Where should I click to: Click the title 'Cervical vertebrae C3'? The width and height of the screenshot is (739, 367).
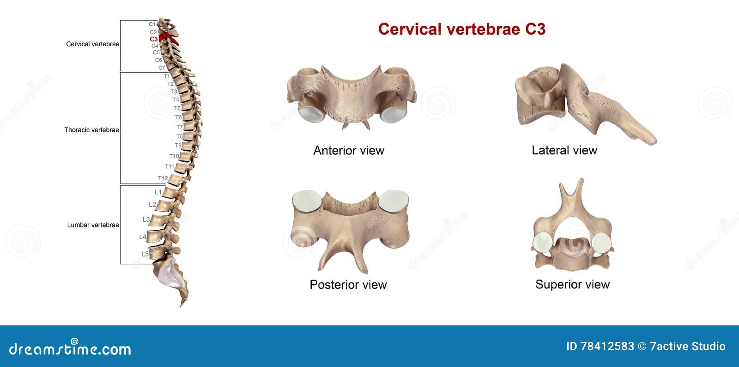point(461,29)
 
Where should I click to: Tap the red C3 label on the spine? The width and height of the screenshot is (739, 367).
point(153,39)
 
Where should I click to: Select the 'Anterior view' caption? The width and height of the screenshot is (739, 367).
point(349,150)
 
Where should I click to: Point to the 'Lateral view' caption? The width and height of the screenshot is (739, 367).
point(564,150)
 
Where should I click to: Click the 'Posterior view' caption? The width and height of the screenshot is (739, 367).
point(348,285)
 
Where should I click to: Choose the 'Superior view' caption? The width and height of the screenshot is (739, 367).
point(572,285)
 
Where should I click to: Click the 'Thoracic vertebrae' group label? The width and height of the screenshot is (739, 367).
point(91,130)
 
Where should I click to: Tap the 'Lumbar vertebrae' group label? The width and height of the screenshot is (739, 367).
point(93,225)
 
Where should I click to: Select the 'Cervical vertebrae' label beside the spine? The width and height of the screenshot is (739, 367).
point(92,44)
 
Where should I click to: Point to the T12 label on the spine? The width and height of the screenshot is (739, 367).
point(163,178)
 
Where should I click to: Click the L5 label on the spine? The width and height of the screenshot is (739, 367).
point(145,254)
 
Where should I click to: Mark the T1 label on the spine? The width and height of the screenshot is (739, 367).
point(166,77)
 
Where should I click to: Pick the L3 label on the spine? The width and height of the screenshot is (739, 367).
point(146,219)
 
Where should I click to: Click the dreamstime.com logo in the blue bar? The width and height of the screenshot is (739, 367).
point(70,349)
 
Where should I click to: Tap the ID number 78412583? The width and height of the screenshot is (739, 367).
point(607,346)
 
